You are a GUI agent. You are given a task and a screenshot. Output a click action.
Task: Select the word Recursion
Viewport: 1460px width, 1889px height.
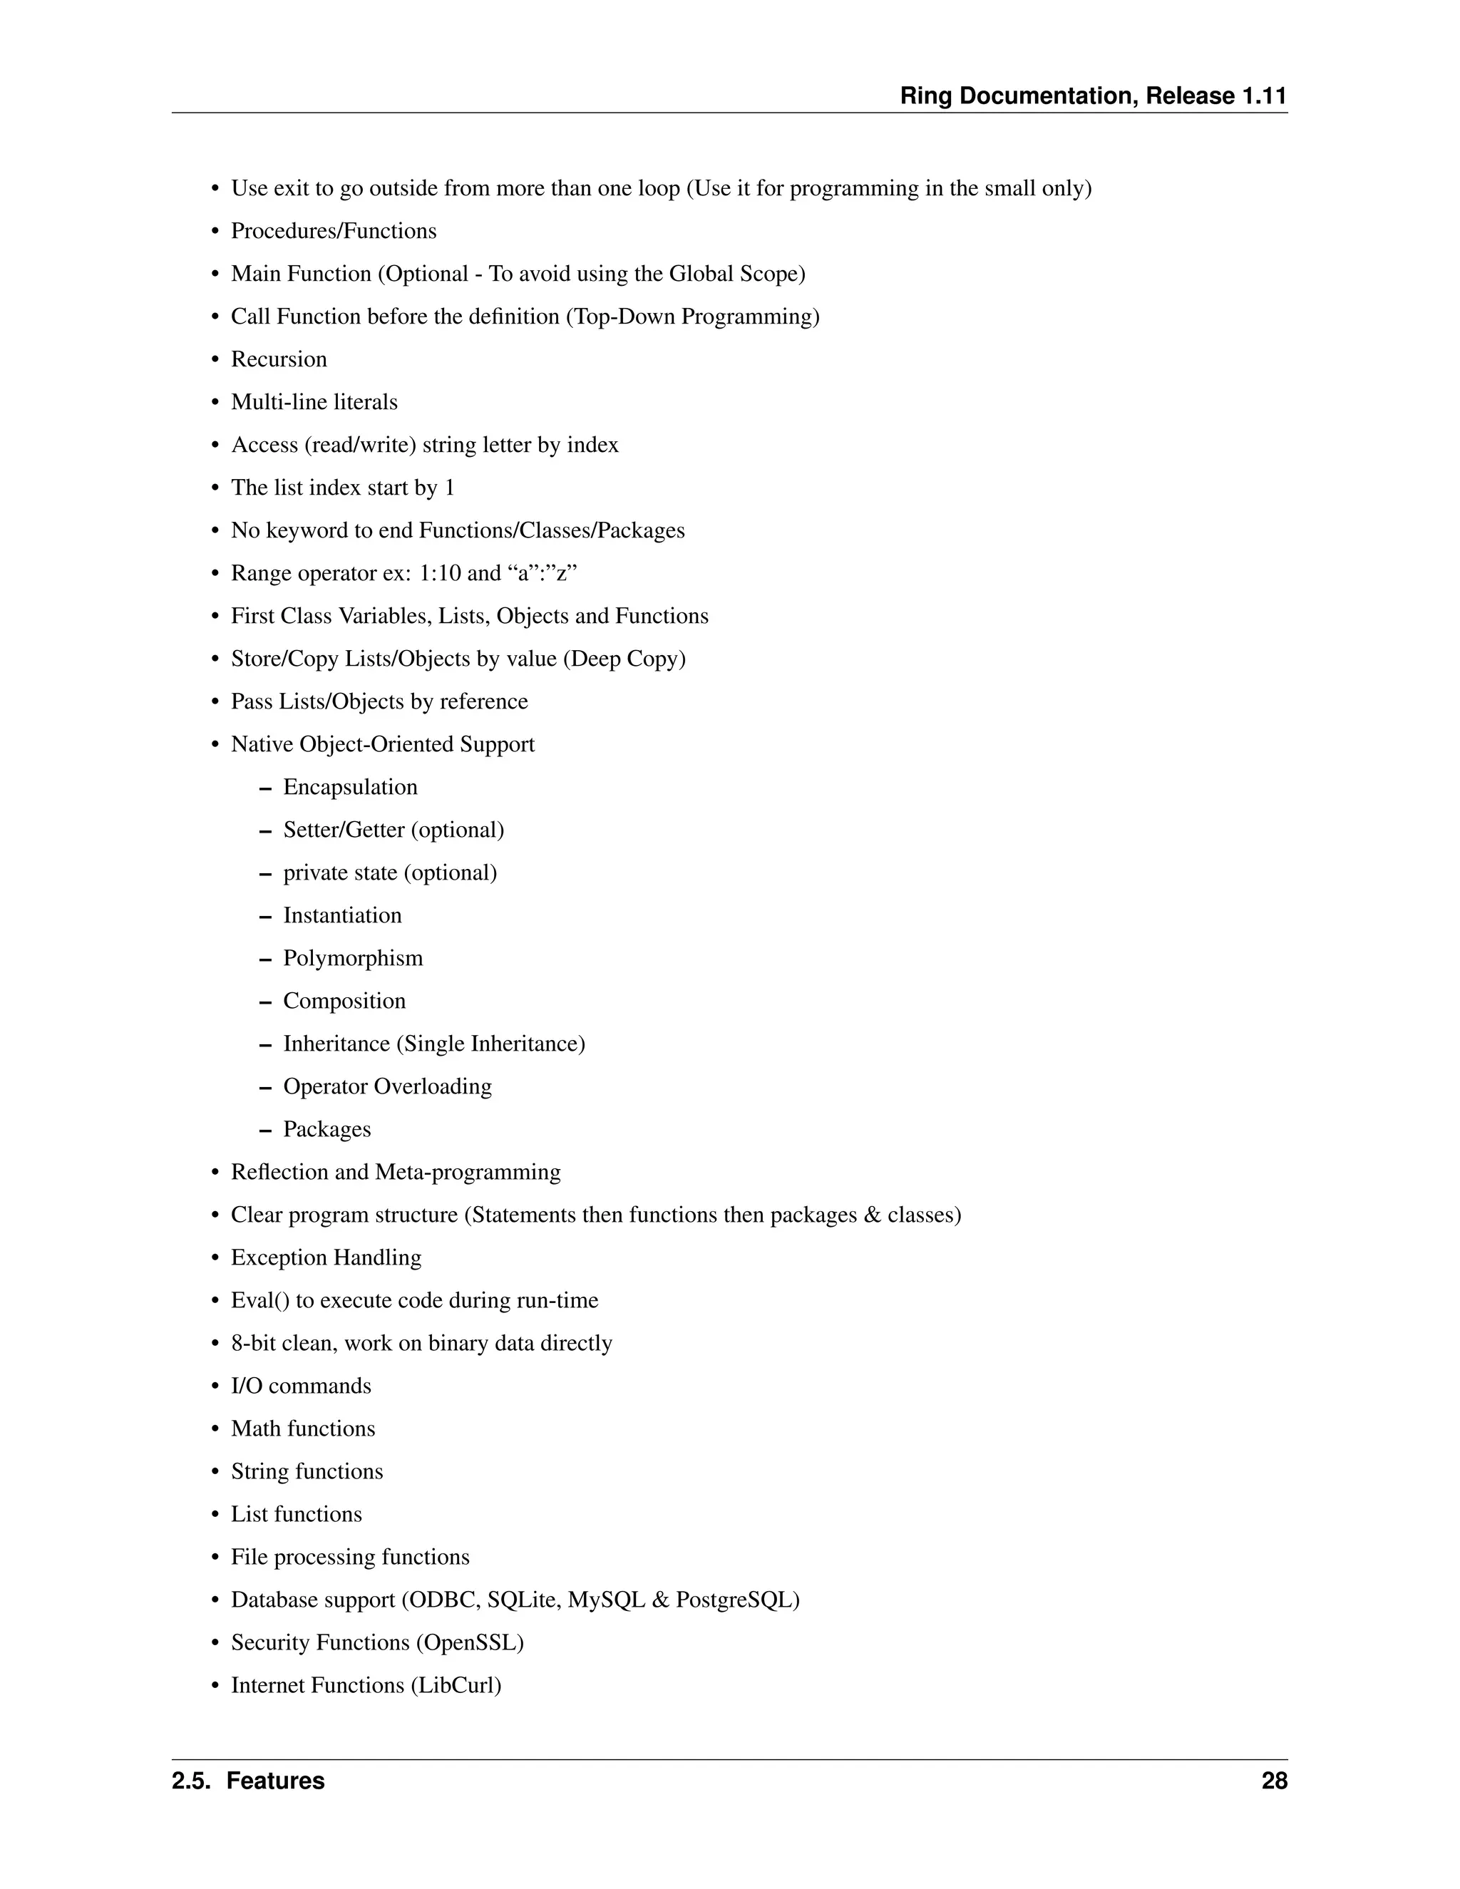pyautogui.click(x=279, y=359)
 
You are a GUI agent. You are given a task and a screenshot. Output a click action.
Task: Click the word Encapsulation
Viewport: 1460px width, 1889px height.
pyautogui.click(x=350, y=787)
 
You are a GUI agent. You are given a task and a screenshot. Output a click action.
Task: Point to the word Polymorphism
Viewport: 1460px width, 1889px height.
pyautogui.click(x=353, y=958)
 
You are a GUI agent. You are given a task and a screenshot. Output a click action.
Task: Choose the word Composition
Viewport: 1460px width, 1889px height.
pyautogui.click(x=344, y=1001)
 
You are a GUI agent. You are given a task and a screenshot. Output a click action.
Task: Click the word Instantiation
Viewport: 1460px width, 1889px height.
pyautogui.click(x=342, y=915)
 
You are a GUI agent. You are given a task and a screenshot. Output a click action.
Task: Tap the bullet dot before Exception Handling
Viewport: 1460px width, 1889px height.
pyautogui.click(x=215, y=1258)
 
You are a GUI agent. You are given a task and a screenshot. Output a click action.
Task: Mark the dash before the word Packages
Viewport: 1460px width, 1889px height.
pyautogui.click(x=264, y=1131)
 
